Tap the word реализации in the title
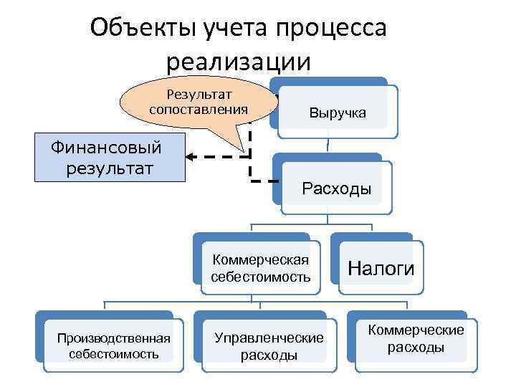click(x=239, y=62)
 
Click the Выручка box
click(x=337, y=113)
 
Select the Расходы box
click(x=336, y=189)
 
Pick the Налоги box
click(x=381, y=268)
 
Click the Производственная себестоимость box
click(x=114, y=345)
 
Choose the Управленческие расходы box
click(x=269, y=346)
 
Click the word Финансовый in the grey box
click(x=106, y=148)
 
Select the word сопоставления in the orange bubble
click(x=199, y=110)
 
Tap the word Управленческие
click(x=269, y=338)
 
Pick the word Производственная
click(x=114, y=338)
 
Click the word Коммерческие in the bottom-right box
click(x=416, y=330)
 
